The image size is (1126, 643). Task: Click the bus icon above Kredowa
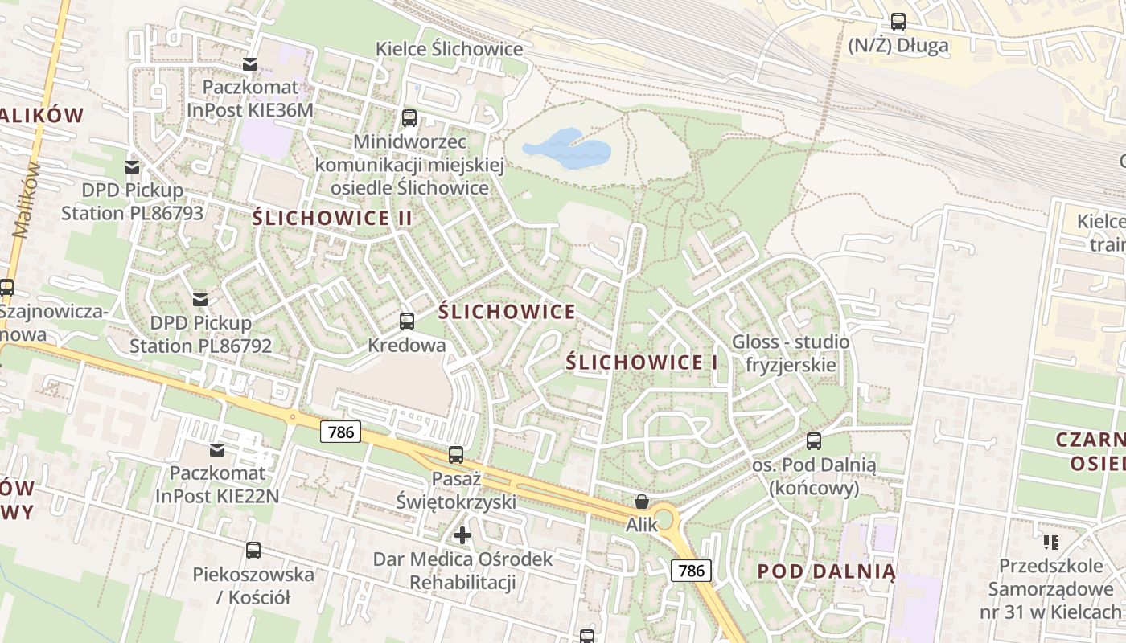[x=407, y=321]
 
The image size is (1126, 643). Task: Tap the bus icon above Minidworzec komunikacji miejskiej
[x=409, y=118]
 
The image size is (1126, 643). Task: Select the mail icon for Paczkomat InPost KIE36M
[x=250, y=63]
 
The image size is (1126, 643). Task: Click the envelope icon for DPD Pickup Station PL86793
[x=132, y=167]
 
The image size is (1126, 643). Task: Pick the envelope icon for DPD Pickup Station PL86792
[x=200, y=300]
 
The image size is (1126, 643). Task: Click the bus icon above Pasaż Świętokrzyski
[x=456, y=455]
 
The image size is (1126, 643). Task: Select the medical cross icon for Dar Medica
[x=462, y=534]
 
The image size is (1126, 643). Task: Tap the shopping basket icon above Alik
[x=642, y=502]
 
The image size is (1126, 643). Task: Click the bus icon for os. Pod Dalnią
[x=814, y=441]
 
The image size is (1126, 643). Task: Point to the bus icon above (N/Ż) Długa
[x=898, y=22]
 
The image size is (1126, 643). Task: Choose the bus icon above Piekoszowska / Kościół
[x=253, y=551]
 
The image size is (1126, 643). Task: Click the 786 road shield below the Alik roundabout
[x=691, y=571]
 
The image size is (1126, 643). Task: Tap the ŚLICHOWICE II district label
[x=332, y=218]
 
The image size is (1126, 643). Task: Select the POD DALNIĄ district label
[x=826, y=571]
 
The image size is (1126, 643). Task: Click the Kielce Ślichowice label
[x=450, y=49]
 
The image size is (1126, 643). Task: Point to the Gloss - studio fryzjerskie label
[x=791, y=353]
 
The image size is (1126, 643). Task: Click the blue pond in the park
[x=566, y=149]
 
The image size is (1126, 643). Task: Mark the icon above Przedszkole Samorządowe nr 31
[x=1050, y=543]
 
